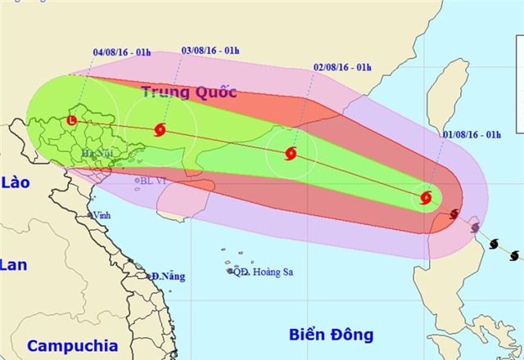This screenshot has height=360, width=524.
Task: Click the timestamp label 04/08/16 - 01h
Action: point(122,52)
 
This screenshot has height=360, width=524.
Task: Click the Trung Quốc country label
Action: point(189,92)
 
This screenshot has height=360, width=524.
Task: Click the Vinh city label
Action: point(102,214)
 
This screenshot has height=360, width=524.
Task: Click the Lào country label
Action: point(16,182)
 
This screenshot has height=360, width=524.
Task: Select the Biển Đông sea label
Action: point(331,334)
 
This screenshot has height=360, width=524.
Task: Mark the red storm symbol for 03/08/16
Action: point(160,128)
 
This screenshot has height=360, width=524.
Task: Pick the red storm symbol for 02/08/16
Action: point(291,153)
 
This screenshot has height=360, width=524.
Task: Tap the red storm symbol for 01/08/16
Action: point(426,196)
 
